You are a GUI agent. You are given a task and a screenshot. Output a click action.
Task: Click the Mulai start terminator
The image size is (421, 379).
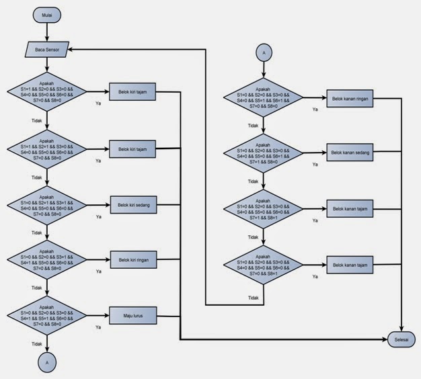[46, 13]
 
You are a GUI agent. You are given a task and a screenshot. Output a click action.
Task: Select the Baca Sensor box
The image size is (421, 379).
[47, 49]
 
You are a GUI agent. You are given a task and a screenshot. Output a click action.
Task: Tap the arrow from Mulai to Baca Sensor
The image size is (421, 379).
[46, 31]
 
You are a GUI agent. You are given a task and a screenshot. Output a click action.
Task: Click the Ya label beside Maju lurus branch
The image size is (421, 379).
[98, 327]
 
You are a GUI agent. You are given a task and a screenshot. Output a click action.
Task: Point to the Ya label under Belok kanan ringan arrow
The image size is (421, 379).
[315, 109]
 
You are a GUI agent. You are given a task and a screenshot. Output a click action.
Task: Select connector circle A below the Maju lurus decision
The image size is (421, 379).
[46, 361]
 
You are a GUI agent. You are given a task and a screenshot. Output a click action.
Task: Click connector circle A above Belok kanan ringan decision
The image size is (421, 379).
[264, 52]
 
